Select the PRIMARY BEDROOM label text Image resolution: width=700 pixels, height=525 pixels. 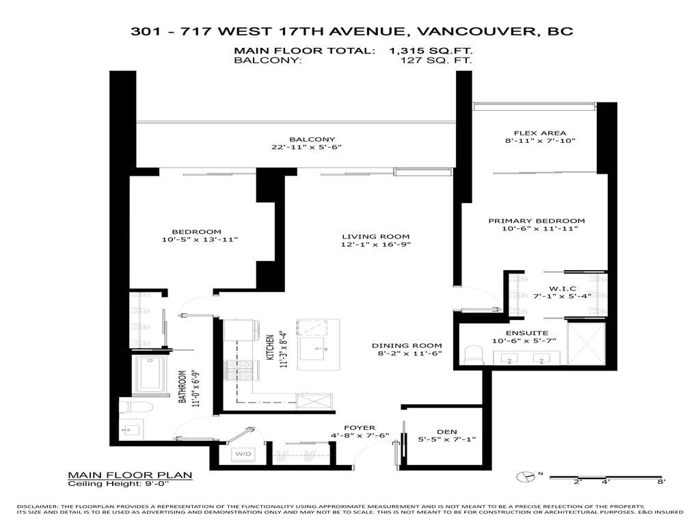[536, 221]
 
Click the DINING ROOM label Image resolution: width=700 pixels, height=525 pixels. [407, 346]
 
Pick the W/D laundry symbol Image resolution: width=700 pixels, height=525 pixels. [243, 454]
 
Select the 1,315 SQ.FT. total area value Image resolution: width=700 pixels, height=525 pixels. [431, 51]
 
